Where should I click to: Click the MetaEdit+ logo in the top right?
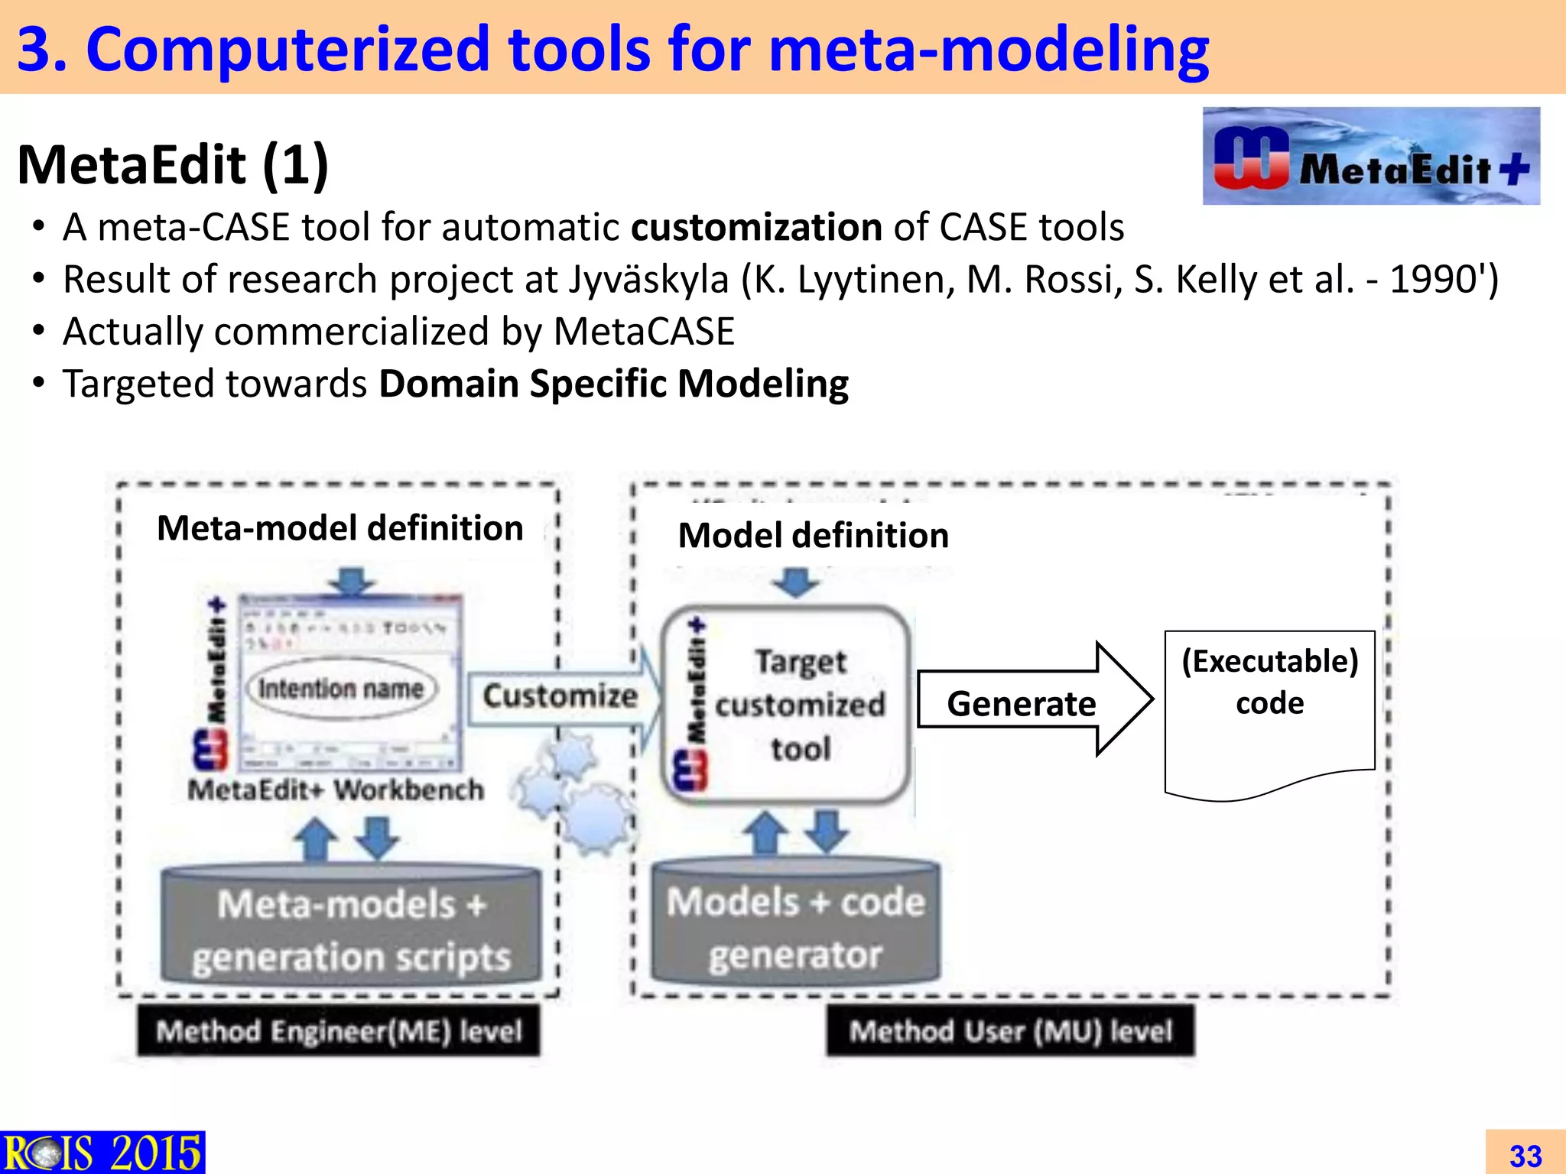1370,157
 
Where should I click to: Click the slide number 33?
1525,1155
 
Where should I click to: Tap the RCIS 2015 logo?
102,1152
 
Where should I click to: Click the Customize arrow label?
560,696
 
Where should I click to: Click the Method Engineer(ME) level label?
339,1031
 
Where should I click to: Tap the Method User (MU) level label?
1010,1031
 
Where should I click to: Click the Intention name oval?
340,689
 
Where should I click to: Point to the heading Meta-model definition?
340,528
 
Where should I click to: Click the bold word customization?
756,228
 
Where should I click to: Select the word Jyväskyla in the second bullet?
648,280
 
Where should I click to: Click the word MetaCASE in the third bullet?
643,332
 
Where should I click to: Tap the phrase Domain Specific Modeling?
613,384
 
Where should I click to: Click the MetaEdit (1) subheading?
173,165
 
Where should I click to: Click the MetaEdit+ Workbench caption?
336,790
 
